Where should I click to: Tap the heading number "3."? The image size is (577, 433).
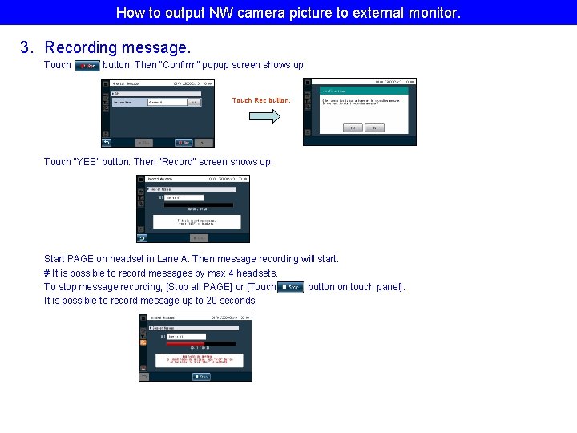tap(29, 48)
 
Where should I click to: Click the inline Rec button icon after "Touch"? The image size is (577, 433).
tap(87, 66)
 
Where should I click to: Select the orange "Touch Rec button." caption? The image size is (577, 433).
tap(261, 101)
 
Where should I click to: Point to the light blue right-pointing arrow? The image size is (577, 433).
tap(264, 116)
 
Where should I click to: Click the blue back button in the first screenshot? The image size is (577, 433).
tap(106, 142)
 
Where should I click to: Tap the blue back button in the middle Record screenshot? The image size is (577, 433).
tap(142, 238)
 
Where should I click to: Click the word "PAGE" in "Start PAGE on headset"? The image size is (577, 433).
tap(80, 259)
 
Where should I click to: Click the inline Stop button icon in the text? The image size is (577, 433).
tap(290, 287)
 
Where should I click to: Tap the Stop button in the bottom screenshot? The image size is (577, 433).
tap(201, 376)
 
